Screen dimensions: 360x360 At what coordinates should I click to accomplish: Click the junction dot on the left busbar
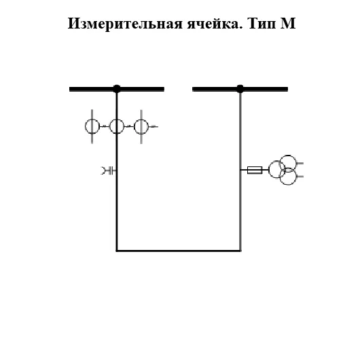tap(117, 88)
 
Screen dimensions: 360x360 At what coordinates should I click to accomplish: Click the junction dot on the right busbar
tap(240, 88)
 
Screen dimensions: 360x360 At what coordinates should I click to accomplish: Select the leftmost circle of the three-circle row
tap(92, 126)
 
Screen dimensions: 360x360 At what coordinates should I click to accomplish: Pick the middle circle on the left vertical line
tap(117, 126)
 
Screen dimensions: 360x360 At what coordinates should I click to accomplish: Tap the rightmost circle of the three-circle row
tap(141, 126)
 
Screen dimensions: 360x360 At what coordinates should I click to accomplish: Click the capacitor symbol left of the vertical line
tap(108, 170)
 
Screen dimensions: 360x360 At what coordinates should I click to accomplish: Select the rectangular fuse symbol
tap(255, 170)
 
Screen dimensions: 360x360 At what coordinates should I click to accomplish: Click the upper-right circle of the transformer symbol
tap(289, 163)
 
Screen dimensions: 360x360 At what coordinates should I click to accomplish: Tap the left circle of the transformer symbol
tap(276, 170)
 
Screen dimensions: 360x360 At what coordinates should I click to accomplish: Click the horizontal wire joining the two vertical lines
tap(178, 251)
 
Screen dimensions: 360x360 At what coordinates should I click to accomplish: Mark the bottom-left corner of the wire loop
tap(117, 251)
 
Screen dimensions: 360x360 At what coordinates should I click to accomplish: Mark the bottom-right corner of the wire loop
tap(240, 251)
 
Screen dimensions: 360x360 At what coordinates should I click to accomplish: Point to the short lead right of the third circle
tap(154, 126)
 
